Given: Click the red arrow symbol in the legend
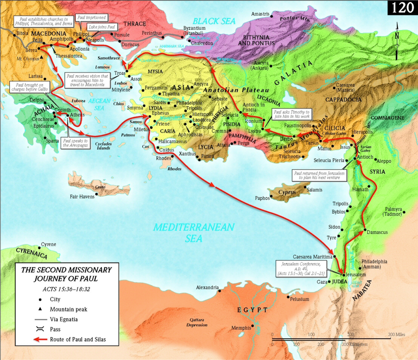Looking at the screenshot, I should [41, 339].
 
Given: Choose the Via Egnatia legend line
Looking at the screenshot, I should [41, 319].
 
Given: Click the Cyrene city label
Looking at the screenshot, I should [48, 244].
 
